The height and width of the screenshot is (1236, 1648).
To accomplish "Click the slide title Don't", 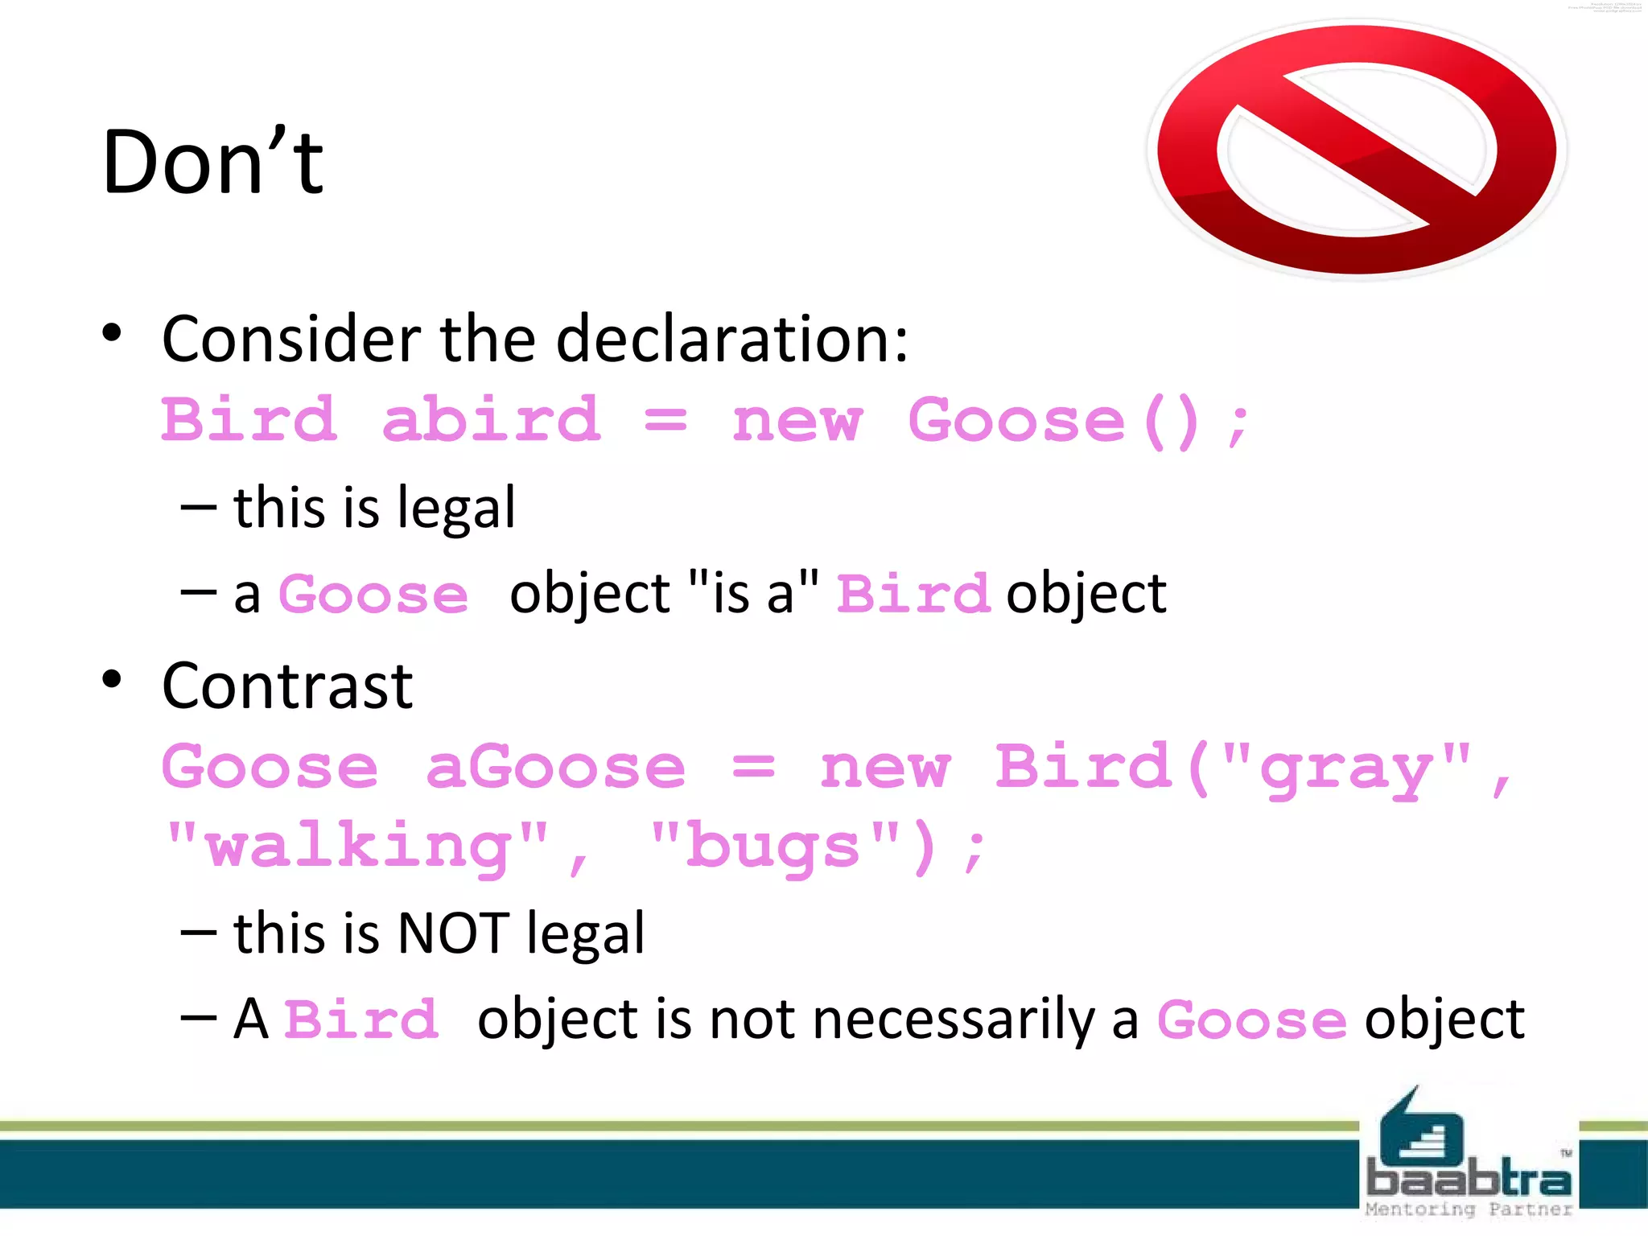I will coord(213,163).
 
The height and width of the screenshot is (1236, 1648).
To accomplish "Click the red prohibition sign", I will coord(1357,150).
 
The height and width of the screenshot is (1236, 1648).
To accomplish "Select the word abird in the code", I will coord(491,421).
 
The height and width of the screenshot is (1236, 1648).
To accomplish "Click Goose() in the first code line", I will coord(1053,421).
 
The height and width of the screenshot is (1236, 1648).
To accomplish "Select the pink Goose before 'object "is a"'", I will coord(373,595).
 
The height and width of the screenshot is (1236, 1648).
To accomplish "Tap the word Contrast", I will coord(287,686).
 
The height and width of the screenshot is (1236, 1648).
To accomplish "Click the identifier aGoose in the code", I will coord(555,767).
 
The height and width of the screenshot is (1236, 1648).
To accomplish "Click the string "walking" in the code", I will coord(357,847).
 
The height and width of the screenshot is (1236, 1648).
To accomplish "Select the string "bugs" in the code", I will coord(774,847).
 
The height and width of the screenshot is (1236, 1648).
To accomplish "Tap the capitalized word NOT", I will coord(453,933).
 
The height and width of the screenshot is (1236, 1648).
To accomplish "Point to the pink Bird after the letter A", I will coord(361,1020).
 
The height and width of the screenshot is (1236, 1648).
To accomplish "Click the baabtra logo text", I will coord(1469,1180).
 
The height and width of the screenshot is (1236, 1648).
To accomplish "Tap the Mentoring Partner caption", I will coord(1469,1209).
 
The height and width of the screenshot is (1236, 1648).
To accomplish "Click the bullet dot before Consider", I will coord(112,333).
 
